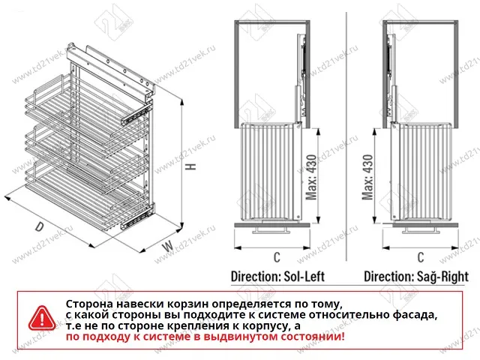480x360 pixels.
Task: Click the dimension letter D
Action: click(38, 227)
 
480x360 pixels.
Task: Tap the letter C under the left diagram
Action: click(277, 257)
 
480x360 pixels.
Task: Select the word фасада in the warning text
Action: click(413, 315)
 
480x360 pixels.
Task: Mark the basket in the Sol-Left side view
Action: click(267, 172)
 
